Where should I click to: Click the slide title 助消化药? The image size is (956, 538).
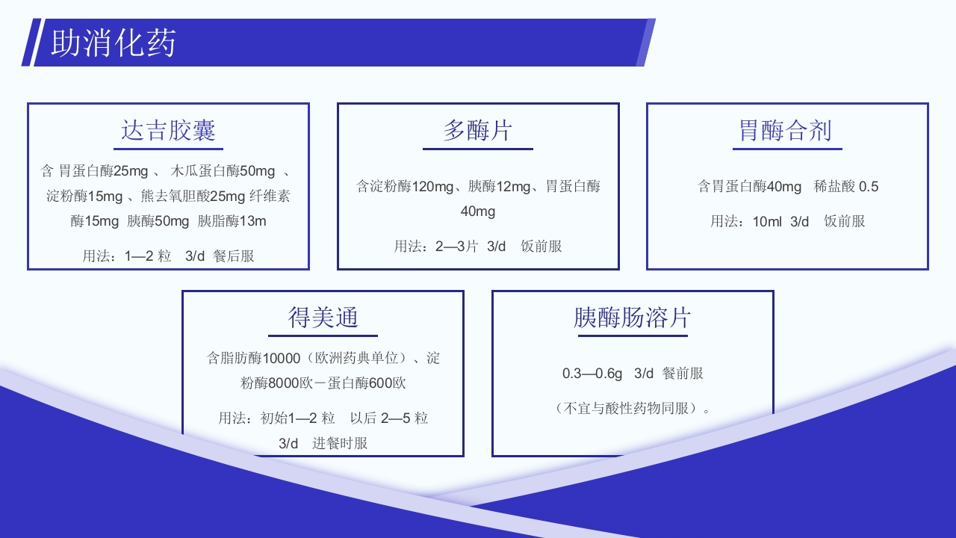113,43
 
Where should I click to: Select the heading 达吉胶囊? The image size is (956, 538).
168,130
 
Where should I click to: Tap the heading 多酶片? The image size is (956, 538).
478,130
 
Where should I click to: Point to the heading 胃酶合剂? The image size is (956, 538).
785,130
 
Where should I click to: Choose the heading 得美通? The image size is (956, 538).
323,317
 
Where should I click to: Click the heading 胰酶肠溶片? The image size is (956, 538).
632,317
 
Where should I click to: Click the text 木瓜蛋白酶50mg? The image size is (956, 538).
223,171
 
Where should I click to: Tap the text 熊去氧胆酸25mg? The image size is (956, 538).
193,197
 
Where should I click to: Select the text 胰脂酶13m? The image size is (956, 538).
232,221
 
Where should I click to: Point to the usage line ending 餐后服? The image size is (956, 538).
168,256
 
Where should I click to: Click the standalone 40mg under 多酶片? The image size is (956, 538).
478,211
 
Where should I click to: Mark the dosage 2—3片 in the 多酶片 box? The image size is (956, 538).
456,246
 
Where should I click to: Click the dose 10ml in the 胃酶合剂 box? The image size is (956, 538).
768,221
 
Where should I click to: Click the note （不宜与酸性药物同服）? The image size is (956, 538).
632,408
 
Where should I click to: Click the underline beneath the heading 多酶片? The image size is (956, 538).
478,149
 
